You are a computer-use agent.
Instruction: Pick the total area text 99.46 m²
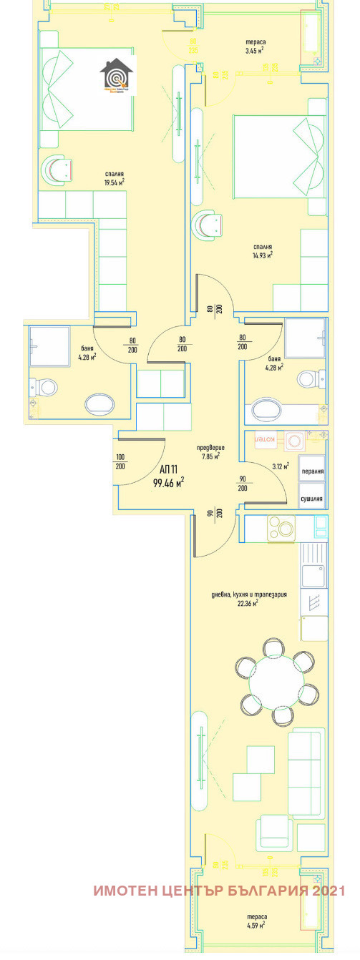pos(169,483)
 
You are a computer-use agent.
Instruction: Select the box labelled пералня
pos(312,471)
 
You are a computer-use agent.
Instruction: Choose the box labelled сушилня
pos(312,499)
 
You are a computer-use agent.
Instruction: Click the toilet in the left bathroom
pos(45,388)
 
